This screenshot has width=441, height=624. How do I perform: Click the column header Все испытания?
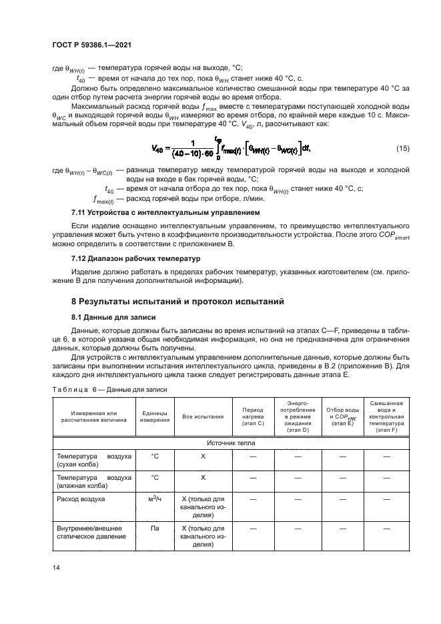click(203, 416)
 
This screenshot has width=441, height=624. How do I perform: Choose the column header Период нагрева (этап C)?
click(253, 416)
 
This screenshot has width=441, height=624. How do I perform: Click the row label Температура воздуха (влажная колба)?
click(93, 481)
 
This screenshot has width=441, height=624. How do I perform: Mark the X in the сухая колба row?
click(203, 456)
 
